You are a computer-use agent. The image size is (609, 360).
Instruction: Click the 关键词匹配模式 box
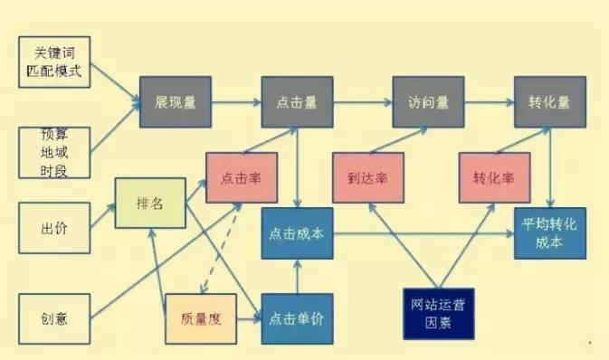[x=56, y=62]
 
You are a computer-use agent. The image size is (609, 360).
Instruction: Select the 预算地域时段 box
[x=54, y=151]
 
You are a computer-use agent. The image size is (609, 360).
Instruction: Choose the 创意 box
[x=54, y=317]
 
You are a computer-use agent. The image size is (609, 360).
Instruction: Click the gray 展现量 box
[x=176, y=101]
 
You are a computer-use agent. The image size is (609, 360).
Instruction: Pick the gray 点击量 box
[x=297, y=101]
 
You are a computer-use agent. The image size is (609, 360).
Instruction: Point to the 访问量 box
[x=427, y=101]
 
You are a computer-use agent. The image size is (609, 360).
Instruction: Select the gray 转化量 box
[x=549, y=101]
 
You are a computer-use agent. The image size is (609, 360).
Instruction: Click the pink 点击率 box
[x=241, y=177]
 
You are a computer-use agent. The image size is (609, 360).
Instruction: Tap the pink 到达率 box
[x=366, y=177]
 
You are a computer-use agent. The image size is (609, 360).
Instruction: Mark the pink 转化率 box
[x=493, y=177]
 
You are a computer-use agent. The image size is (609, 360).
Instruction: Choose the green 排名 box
[x=149, y=204]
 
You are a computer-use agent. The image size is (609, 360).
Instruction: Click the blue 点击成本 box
[x=297, y=232]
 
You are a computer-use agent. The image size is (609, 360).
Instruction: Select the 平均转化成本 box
[x=549, y=232]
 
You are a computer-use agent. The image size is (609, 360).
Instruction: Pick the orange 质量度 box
[x=200, y=318]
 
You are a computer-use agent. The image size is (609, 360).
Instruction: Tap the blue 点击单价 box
[x=297, y=318]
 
